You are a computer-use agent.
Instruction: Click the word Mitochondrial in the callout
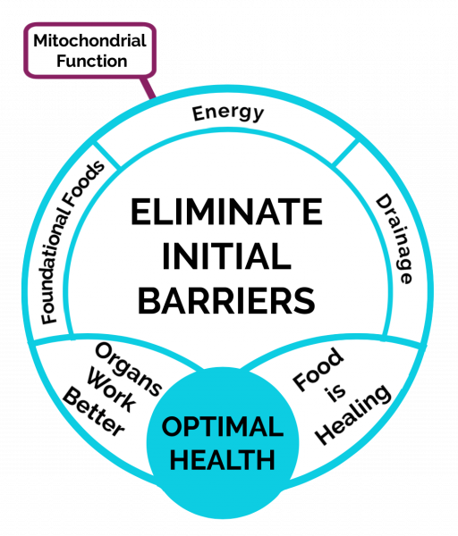pyautogui.click(x=90, y=41)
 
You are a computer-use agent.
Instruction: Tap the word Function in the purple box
pyautogui.click(x=92, y=61)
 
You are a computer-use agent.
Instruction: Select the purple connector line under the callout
pyautogui.click(x=148, y=88)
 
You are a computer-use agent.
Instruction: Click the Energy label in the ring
pyautogui.click(x=228, y=113)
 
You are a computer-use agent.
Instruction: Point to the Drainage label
pyautogui.click(x=394, y=239)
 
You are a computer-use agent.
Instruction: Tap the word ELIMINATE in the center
pyautogui.click(x=226, y=212)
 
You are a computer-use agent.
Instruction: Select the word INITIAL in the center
pyautogui.click(x=226, y=256)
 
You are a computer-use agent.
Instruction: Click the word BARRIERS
pyautogui.click(x=226, y=300)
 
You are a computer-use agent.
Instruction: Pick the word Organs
pyautogui.click(x=128, y=370)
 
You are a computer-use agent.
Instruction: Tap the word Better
pyautogui.click(x=93, y=413)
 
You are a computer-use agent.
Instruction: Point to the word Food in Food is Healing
pyautogui.click(x=318, y=369)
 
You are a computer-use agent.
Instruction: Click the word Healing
pyautogui.click(x=353, y=415)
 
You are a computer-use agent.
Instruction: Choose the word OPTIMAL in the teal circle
pyautogui.click(x=223, y=427)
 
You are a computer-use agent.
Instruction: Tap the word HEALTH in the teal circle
pyautogui.click(x=223, y=460)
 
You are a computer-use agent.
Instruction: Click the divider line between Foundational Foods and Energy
pyautogui.click(x=106, y=155)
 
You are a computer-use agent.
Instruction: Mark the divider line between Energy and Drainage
pyautogui.click(x=345, y=153)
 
